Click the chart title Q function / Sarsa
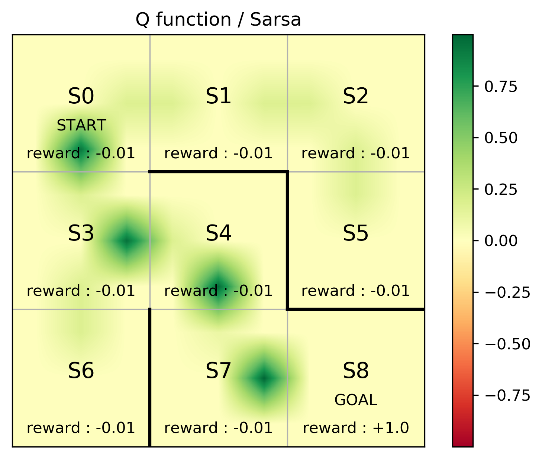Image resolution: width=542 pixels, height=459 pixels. pyautogui.click(x=218, y=20)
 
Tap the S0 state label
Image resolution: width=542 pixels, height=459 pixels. pyautogui.click(x=81, y=96)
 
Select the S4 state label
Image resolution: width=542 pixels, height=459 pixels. pyautogui.click(x=219, y=234)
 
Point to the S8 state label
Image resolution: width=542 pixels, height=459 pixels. pyautogui.click(x=356, y=371)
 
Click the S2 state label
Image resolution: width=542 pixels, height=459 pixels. pyautogui.click(x=356, y=96)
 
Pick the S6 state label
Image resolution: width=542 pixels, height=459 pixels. pyautogui.click(x=81, y=371)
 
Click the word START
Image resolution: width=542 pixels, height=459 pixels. pyautogui.click(x=81, y=126)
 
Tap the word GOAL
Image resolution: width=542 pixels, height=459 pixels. pyautogui.click(x=356, y=400)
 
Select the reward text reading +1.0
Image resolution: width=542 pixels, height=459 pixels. pyautogui.click(x=356, y=428)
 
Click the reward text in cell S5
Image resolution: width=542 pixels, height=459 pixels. pyautogui.click(x=356, y=291)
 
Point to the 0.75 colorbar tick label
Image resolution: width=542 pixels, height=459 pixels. pyautogui.click(x=501, y=87)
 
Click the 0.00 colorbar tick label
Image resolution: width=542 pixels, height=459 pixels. pyautogui.click(x=501, y=241)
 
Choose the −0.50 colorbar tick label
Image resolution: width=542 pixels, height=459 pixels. pyautogui.click(x=507, y=344)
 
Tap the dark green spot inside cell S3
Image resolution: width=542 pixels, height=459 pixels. pyautogui.click(x=127, y=241)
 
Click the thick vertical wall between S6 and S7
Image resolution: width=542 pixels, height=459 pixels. pyautogui.click(x=150, y=377)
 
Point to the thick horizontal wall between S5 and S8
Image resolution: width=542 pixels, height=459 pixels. pyautogui.click(x=356, y=309)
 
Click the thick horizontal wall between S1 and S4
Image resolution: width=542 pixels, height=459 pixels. pyautogui.click(x=218, y=172)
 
